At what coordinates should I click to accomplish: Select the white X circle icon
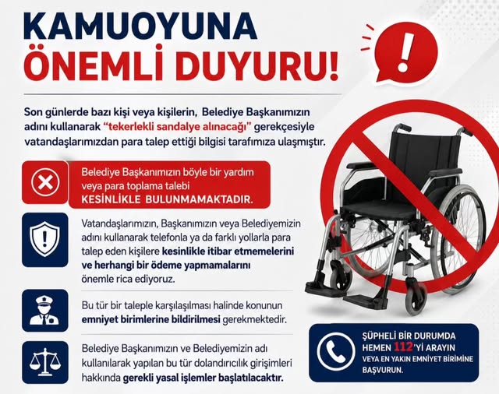tap(45, 182)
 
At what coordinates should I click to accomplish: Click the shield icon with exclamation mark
tap(45, 239)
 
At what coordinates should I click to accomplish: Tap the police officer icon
tap(45, 311)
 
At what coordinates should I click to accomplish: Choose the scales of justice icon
tap(45, 363)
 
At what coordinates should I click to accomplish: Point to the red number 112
tap(403, 347)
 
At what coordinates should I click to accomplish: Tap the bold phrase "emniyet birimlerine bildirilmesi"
tap(150, 319)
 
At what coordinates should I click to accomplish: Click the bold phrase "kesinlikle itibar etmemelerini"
tap(228, 251)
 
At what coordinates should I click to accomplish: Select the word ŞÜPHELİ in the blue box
tap(377, 336)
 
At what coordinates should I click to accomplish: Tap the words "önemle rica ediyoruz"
tap(129, 280)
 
